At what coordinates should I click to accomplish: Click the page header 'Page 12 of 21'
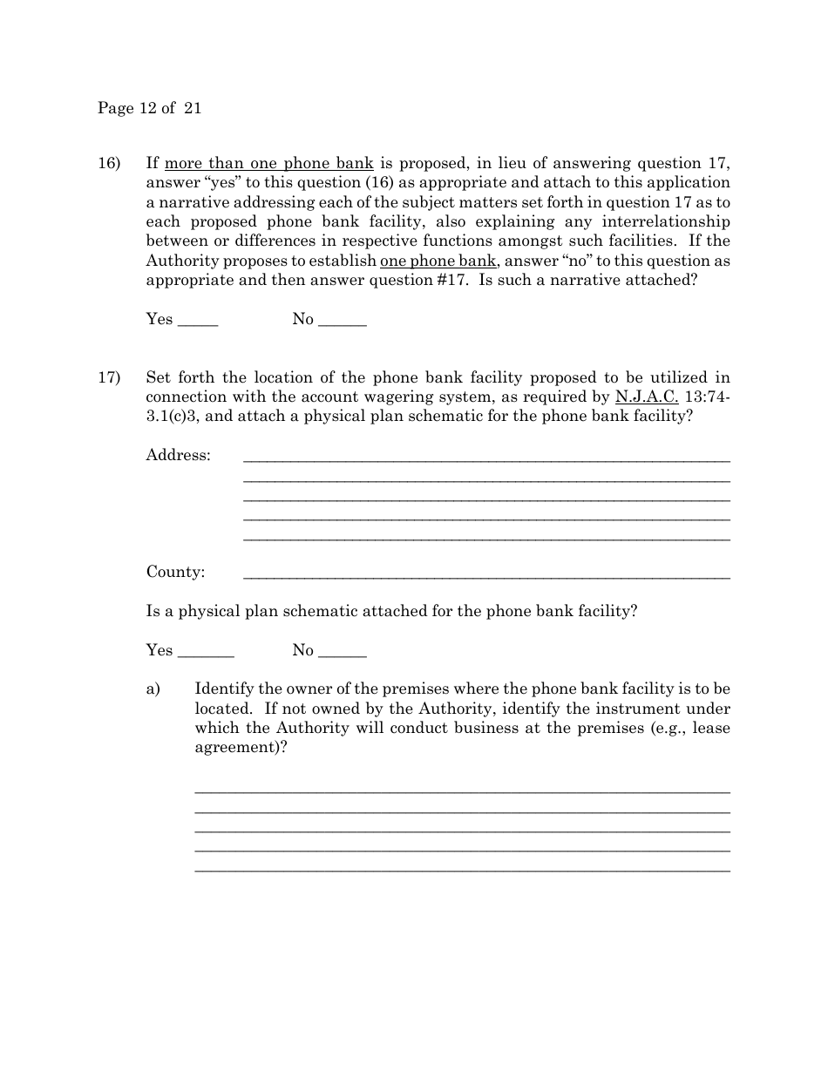click(149, 108)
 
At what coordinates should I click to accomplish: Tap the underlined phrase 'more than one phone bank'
click(268, 163)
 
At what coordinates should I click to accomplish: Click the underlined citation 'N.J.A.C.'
click(647, 397)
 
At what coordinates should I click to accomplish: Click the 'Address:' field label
click(178, 455)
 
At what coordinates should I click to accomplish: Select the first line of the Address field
click(485, 458)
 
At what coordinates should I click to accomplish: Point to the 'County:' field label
click(175, 572)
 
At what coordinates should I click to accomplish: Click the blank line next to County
click(485, 576)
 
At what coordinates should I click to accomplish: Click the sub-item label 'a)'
click(153, 689)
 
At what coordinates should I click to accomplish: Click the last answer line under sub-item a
click(462, 869)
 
